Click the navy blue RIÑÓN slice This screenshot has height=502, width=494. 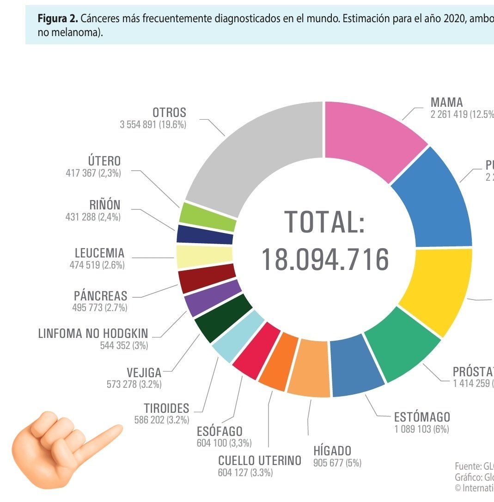pos(205,235)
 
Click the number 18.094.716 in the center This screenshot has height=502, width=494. pos(325,260)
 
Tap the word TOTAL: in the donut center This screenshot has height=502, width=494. pos(325,222)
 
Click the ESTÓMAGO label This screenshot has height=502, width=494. pos(421,416)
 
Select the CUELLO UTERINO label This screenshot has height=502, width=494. pos(259,460)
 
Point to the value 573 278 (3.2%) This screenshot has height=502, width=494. pos(134,384)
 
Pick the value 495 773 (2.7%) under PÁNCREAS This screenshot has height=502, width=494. pos(100,307)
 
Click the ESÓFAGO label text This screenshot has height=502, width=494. pos(220,431)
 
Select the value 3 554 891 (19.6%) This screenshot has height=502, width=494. pos(153,125)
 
